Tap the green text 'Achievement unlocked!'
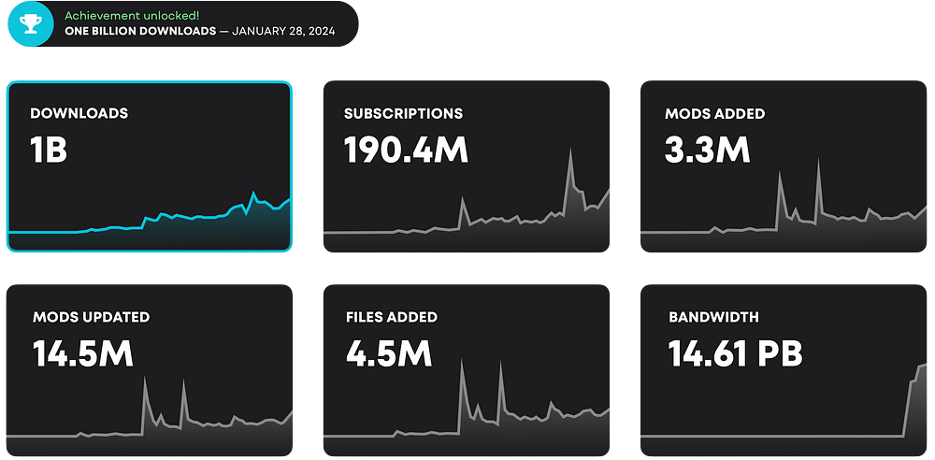[132, 16]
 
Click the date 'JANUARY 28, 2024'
[283, 31]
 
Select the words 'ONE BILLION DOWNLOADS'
[139, 31]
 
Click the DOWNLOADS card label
[79, 113]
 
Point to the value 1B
[49, 150]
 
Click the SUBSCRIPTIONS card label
[403, 113]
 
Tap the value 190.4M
[406, 150]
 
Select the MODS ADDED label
[714, 113]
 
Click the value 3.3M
[708, 150]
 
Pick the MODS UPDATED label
[91, 317]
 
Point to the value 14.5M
[82, 353]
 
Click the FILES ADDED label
[391, 317]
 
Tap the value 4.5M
[388, 353]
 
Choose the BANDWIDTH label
[713, 317]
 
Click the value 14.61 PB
[735, 353]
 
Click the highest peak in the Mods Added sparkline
[818, 161]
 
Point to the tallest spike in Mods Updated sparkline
[145, 379]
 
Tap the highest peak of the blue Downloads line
[253, 193]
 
